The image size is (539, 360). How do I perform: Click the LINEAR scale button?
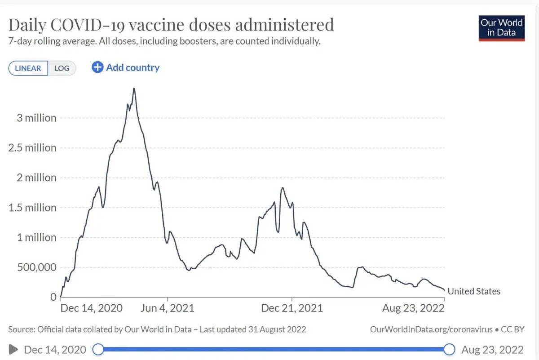coord(28,68)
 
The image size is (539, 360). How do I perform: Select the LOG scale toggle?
coord(62,68)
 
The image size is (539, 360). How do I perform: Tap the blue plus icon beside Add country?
coord(97,67)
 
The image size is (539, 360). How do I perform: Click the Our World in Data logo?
coord(501,28)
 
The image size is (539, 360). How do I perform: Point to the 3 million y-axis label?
coord(36,118)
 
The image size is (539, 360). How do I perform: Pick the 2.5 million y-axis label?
coord(32,148)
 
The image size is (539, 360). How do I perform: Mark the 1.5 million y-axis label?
coord(32,208)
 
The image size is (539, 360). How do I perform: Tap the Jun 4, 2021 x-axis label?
coord(168,308)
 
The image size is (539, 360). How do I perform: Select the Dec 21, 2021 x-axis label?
coord(292,308)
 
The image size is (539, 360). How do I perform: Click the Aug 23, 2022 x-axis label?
coord(413,308)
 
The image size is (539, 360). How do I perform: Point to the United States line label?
coord(474,291)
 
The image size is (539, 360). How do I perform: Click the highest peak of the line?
coord(134,89)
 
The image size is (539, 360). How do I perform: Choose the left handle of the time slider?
coord(98,349)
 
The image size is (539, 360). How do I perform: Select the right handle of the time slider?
coord(449,349)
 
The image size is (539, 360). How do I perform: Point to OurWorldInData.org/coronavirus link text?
coord(431,329)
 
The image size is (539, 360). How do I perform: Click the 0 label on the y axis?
coord(53,297)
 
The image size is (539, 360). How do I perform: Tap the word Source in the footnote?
coord(21,329)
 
